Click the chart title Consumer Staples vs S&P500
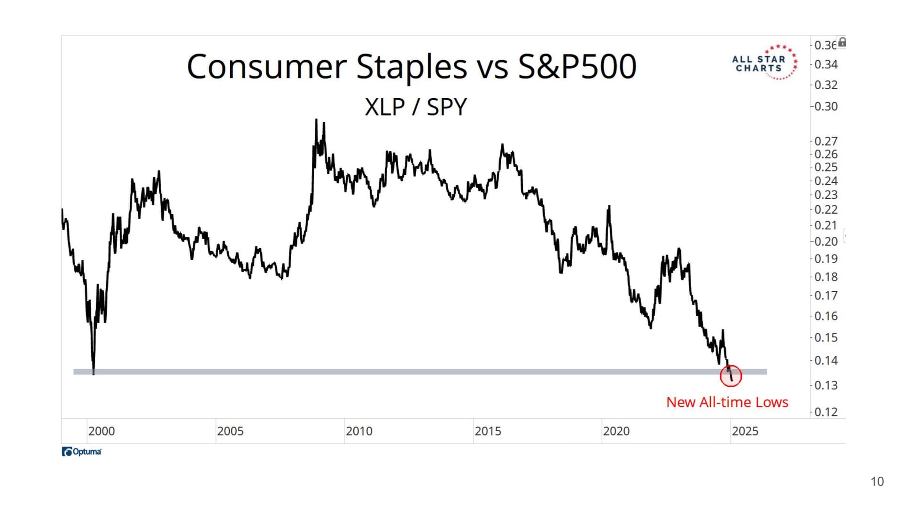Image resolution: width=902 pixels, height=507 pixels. pyautogui.click(x=412, y=66)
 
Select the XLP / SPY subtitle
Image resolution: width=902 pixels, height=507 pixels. pyautogui.click(x=415, y=107)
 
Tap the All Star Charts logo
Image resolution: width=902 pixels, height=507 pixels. pyautogui.click(x=764, y=63)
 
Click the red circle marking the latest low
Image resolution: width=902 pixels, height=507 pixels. pyautogui.click(x=731, y=376)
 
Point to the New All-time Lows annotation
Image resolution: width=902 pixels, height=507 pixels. pyautogui.click(x=727, y=402)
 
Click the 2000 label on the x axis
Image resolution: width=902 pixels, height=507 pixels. pyautogui.click(x=101, y=431)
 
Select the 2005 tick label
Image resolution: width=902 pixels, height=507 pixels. pyautogui.click(x=230, y=431)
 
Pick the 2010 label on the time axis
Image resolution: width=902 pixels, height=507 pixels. pyautogui.click(x=359, y=431)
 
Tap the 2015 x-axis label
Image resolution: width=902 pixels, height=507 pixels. pyautogui.click(x=488, y=431)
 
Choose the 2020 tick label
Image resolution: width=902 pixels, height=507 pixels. pyautogui.click(x=616, y=431)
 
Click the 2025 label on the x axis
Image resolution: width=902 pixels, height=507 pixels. pyautogui.click(x=745, y=431)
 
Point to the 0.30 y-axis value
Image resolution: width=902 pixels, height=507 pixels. pyautogui.click(x=826, y=107)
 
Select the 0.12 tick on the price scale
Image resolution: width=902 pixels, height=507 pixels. pyautogui.click(x=826, y=412)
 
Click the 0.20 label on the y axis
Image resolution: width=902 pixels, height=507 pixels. pyautogui.click(x=826, y=242)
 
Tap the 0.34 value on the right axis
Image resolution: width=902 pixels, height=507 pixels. pyautogui.click(x=826, y=64)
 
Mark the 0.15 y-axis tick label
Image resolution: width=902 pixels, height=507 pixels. pyautogui.click(x=826, y=338)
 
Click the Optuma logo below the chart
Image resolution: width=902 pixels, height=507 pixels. pyautogui.click(x=82, y=452)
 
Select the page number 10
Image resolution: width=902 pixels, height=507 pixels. pyautogui.click(x=877, y=482)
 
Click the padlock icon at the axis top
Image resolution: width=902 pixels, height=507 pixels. pyautogui.click(x=842, y=43)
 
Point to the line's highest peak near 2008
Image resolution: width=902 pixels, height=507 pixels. pyautogui.click(x=316, y=120)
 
